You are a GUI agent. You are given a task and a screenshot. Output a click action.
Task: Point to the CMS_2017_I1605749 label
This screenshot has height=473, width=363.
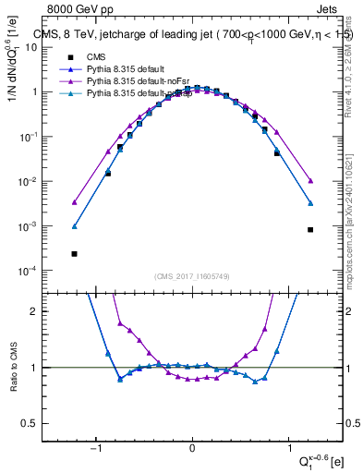coord(191,276)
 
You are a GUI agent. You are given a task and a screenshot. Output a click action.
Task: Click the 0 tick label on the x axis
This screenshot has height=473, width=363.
coord(192,448)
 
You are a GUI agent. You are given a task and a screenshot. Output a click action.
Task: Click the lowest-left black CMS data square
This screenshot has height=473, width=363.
coord(74,253)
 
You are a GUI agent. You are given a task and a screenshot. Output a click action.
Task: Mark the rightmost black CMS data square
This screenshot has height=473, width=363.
coord(310,230)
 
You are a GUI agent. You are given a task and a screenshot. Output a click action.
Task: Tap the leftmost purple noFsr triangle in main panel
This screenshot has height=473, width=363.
coord(74,202)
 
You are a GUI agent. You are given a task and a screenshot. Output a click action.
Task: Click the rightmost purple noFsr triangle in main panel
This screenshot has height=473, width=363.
coord(310,181)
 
